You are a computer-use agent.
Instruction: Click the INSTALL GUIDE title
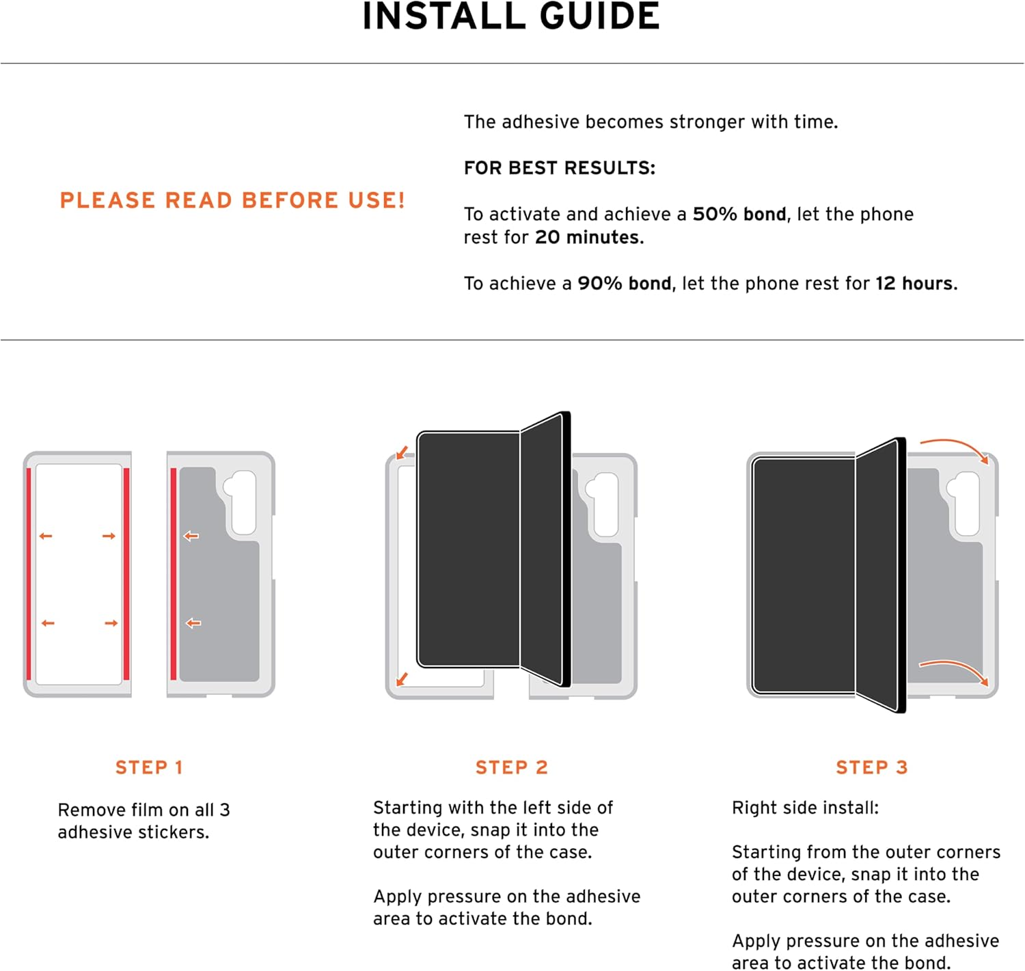(x=511, y=16)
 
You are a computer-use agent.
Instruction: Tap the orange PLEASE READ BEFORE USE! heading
(x=232, y=200)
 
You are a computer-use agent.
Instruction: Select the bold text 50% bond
(x=739, y=214)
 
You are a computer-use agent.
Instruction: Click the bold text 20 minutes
(x=588, y=237)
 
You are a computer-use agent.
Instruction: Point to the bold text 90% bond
(x=624, y=284)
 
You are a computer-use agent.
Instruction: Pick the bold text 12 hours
(x=916, y=284)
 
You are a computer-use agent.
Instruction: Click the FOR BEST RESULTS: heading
(x=559, y=168)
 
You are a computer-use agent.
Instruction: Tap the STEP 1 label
(x=149, y=767)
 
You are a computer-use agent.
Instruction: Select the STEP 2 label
(x=511, y=767)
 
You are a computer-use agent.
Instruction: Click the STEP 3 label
(x=872, y=767)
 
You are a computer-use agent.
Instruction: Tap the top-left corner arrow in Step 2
(x=402, y=452)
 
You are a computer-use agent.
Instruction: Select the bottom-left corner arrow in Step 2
(x=402, y=679)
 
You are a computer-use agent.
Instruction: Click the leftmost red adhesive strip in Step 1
(x=29, y=574)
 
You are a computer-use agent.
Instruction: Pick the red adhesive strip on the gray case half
(x=174, y=574)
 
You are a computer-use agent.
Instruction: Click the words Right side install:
(x=805, y=808)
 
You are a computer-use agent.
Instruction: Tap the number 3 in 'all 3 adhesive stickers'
(x=224, y=810)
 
